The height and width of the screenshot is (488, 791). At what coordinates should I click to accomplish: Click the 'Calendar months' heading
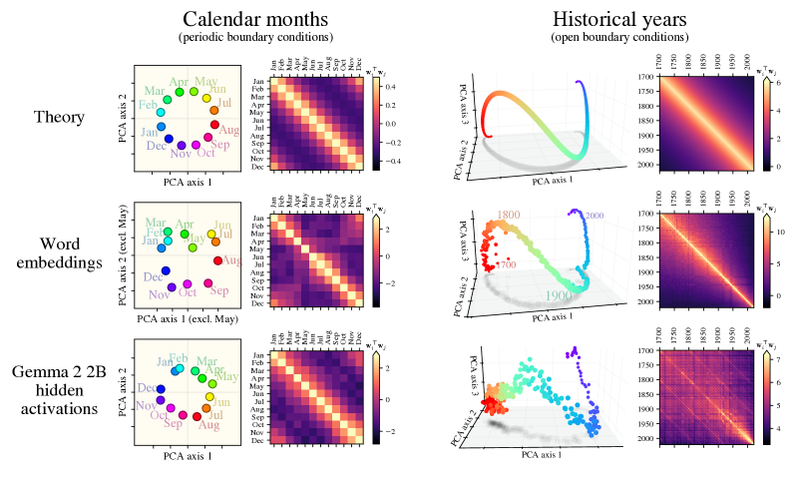pyautogui.click(x=255, y=19)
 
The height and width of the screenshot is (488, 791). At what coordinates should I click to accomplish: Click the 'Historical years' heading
pyautogui.click(x=619, y=19)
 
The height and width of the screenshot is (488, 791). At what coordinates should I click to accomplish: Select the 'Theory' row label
pyautogui.click(x=59, y=117)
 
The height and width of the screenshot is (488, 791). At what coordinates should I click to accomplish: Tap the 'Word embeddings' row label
pyautogui.click(x=59, y=253)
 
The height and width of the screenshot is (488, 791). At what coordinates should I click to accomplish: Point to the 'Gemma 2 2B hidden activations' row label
pyautogui.click(x=59, y=390)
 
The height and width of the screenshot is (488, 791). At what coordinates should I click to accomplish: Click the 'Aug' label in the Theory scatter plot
pyautogui.click(x=228, y=130)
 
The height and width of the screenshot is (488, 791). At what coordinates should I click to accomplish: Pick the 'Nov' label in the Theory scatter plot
pyautogui.click(x=181, y=154)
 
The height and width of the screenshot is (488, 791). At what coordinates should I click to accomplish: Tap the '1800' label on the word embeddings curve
pyautogui.click(x=509, y=215)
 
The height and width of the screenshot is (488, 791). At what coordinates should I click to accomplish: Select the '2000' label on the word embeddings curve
pyautogui.click(x=595, y=217)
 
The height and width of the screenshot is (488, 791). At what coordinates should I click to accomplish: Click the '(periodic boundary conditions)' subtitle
pyautogui.click(x=255, y=37)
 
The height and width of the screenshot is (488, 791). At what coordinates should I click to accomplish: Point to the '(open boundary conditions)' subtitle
pyautogui.click(x=619, y=37)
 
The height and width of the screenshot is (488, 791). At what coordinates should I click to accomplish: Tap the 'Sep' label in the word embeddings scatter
pyautogui.click(x=219, y=291)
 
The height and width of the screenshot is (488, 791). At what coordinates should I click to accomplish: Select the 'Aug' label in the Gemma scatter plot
pyautogui.click(x=209, y=425)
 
